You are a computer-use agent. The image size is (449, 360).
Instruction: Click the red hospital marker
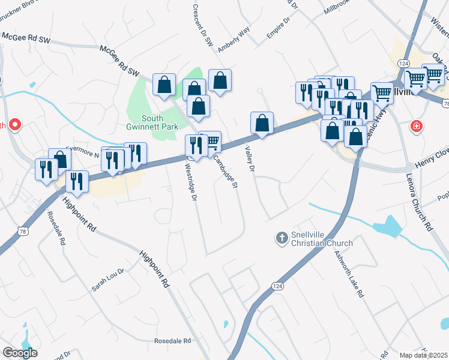pos(415,126)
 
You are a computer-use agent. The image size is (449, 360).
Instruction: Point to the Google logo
pos(20,353)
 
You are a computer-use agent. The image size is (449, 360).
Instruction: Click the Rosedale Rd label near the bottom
pos(172,341)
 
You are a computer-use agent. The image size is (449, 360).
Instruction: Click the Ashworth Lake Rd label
pos(349,274)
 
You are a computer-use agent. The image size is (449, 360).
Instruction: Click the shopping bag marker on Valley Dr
pos(262,122)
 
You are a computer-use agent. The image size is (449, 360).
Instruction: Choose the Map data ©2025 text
pos(423,355)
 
